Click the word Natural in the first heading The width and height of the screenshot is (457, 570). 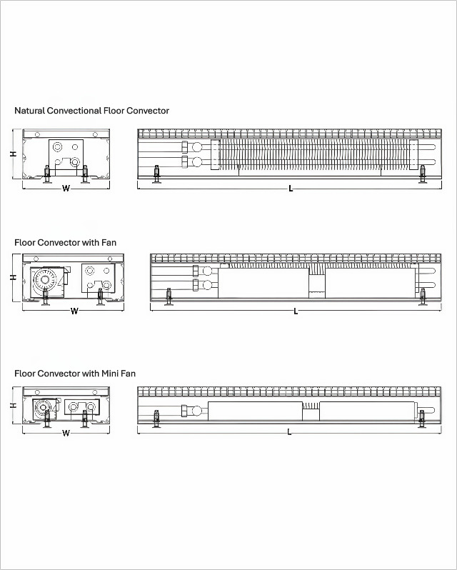pos(30,111)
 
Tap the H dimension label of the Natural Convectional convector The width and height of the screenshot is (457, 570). pos(13,154)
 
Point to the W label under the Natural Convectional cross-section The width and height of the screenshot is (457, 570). pos(66,189)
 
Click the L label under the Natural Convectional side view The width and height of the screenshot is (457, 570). pos(291,189)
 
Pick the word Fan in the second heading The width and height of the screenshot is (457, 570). pos(109,243)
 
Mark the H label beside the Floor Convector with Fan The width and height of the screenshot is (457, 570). pos(13,278)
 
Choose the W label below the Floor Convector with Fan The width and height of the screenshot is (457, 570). pos(74,311)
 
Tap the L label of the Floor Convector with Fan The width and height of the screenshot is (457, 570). pos(296,311)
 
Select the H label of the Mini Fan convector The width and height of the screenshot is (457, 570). pos(13,405)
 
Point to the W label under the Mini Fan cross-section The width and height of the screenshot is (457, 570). pos(66,432)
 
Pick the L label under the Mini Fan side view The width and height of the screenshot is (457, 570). pos(289,432)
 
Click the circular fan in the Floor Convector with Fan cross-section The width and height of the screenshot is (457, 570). pos(44,281)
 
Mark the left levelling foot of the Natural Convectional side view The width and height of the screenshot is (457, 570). pos(157,174)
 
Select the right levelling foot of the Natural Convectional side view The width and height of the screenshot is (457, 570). pos(423,174)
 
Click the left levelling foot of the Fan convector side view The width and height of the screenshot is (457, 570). pos(169,296)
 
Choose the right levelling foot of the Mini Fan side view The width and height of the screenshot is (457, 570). pos(421,419)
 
